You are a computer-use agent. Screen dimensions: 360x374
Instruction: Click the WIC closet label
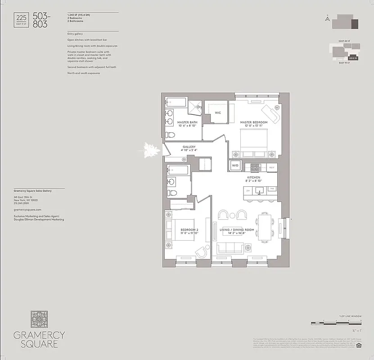coord(218,113)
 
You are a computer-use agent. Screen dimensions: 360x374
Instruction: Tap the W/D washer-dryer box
coord(235,166)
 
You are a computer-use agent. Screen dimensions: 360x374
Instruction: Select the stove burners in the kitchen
coord(255,167)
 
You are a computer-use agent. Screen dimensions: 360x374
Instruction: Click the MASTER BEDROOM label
coord(254,122)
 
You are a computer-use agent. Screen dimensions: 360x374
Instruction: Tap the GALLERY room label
coord(189,147)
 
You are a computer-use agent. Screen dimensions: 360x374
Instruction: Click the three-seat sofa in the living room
coord(230,248)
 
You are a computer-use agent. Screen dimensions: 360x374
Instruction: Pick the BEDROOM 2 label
coord(190,229)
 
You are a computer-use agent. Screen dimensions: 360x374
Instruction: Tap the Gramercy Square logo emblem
coord(39,319)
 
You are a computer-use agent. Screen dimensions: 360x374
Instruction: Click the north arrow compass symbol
coord(327,18)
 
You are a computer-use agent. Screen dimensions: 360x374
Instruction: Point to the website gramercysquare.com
coord(27,210)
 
